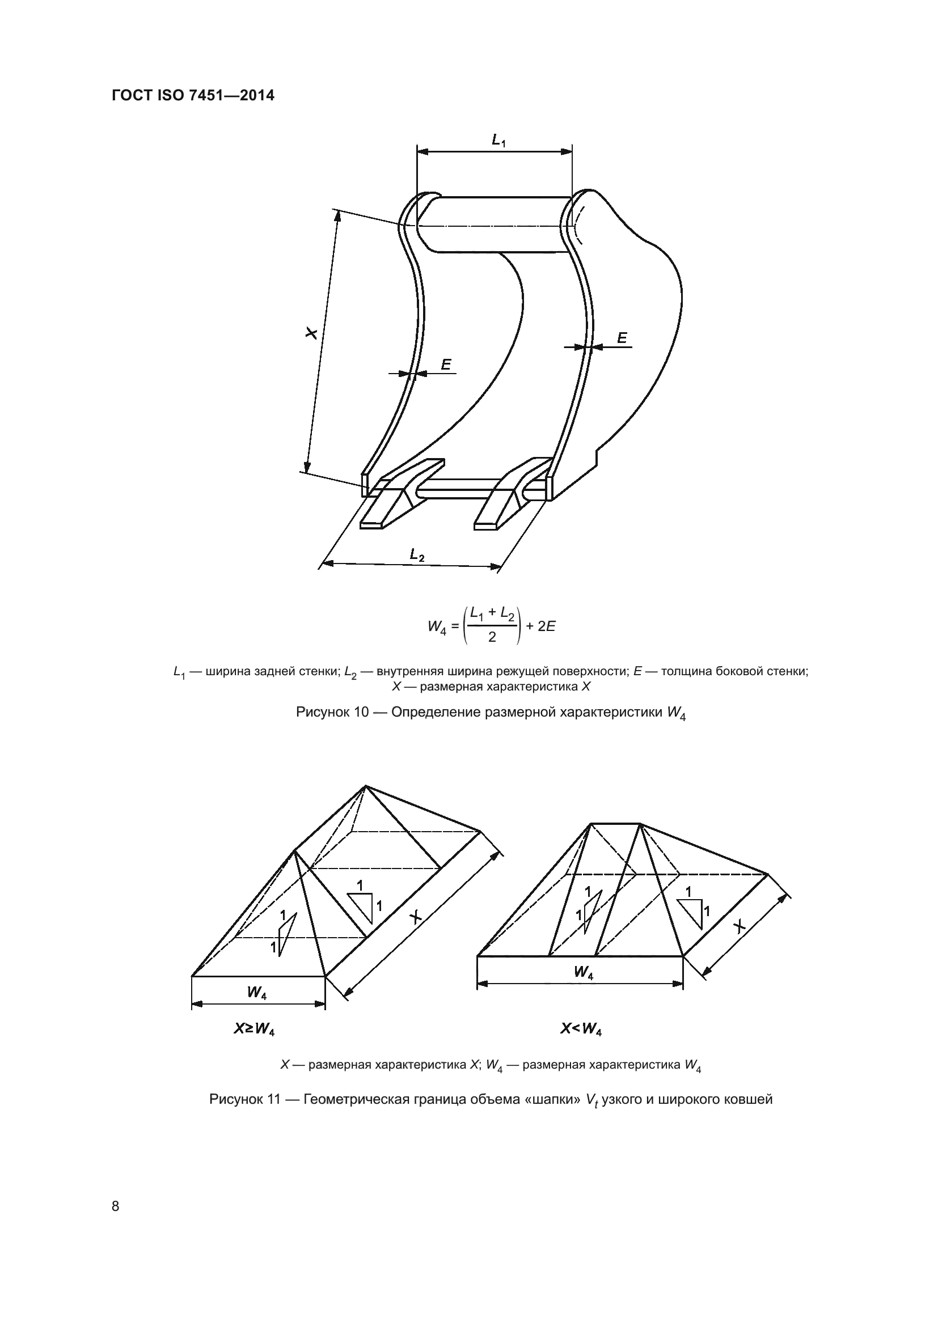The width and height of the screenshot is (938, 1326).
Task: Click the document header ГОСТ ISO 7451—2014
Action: (x=193, y=96)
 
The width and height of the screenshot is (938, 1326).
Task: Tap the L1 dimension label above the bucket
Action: (x=498, y=140)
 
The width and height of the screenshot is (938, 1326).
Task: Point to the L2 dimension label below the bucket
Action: (x=417, y=555)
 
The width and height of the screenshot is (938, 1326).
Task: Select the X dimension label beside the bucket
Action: (x=312, y=333)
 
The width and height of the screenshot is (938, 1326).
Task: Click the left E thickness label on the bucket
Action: (x=446, y=365)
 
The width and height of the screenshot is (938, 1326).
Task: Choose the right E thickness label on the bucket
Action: (x=622, y=338)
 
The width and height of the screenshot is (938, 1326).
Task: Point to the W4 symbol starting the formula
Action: (x=437, y=626)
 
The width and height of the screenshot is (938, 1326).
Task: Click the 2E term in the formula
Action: (x=546, y=626)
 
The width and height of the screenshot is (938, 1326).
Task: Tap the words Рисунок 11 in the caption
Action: (x=245, y=1099)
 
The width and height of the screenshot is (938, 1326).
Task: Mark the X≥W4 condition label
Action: (x=253, y=1029)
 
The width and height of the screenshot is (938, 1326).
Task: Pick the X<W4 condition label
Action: (x=581, y=1028)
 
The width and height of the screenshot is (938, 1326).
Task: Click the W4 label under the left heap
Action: (x=257, y=993)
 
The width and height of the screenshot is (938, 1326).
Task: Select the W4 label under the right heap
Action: (x=584, y=973)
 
